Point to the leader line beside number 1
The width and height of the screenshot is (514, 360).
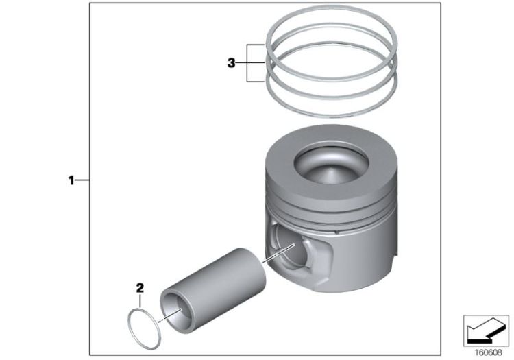pyautogui.click(x=82, y=180)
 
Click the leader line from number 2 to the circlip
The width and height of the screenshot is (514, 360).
pyautogui.click(x=140, y=301)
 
